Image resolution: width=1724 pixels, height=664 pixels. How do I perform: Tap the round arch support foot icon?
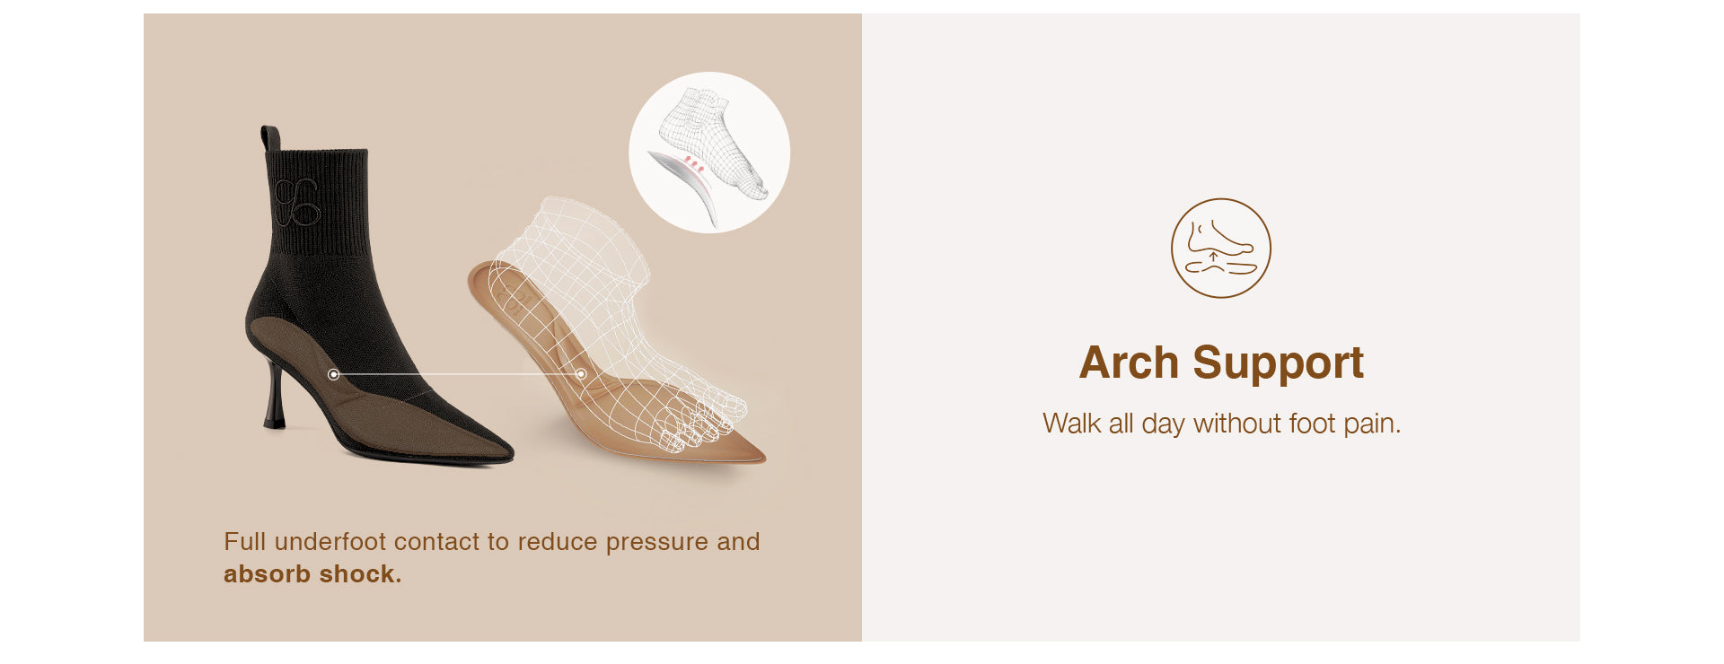pos(1221,248)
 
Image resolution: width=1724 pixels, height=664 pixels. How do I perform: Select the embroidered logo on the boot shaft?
pos(296,202)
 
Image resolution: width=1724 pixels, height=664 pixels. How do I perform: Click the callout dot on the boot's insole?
pos(334,374)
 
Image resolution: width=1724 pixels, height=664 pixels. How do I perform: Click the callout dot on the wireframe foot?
pos(581,373)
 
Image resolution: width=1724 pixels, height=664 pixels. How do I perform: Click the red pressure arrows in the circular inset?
pos(694,164)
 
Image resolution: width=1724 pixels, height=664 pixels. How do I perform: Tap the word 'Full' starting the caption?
pos(245,542)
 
